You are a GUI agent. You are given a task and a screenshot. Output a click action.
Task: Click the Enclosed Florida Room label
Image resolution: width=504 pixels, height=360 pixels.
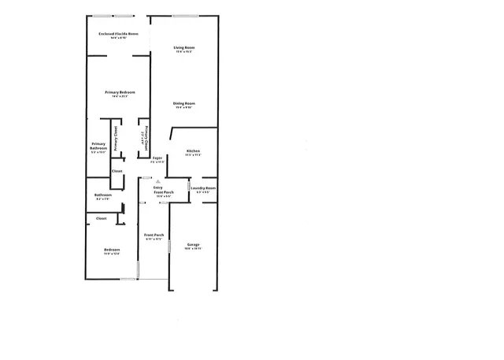coord(117,34)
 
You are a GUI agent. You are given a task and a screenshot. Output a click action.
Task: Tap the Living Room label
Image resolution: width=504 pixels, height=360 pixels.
coord(184,48)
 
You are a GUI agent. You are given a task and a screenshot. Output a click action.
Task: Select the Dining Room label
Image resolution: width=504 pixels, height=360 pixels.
coord(184,103)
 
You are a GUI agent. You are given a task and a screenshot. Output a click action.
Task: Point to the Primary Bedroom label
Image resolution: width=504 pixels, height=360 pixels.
coord(120,93)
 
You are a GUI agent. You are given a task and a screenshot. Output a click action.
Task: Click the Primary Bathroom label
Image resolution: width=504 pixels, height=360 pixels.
coord(98,146)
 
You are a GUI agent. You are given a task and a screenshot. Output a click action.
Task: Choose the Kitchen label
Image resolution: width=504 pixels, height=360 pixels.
coord(193,150)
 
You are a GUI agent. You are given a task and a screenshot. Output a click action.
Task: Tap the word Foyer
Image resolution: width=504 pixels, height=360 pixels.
coord(157,158)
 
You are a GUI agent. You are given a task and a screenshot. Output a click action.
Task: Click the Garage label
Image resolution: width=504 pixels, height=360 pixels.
coord(193,244)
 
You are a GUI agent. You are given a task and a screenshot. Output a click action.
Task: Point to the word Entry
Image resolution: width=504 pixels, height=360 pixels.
coord(157,187)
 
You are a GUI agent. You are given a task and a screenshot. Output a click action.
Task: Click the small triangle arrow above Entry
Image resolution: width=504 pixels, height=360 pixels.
coord(157,180)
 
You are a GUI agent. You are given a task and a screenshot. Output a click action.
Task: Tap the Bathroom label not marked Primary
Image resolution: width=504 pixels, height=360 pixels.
coord(103,195)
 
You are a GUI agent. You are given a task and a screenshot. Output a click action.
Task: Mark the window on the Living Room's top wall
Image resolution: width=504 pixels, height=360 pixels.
coord(185,16)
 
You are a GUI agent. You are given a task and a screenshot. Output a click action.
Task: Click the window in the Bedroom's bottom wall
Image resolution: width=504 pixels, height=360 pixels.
coord(128,279)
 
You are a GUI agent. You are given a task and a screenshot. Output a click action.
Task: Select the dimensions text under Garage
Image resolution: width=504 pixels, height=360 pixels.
coord(193,249)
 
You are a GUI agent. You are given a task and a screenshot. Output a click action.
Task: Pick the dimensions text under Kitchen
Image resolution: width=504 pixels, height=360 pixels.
coord(193,155)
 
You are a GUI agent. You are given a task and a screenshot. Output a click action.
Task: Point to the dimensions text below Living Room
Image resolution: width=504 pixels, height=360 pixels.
coord(184,53)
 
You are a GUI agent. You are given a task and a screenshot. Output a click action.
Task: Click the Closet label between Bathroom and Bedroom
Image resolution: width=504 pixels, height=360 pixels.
coord(102,218)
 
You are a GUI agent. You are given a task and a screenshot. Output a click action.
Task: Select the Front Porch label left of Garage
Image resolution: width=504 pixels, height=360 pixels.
coord(153,235)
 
